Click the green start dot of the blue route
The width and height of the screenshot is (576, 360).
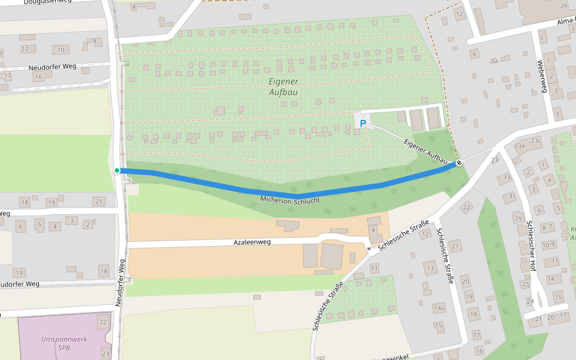coord(117,170)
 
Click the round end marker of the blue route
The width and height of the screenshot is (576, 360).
coord(459,163)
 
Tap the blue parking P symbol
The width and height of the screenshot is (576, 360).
coord(362,124)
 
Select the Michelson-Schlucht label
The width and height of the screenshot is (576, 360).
coord(290,199)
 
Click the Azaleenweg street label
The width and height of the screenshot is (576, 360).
coord(252,242)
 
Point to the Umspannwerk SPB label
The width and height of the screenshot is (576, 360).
coord(64,343)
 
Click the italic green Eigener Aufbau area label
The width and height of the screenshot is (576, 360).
coord(284,87)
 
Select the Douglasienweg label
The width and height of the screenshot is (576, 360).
coord(43,2)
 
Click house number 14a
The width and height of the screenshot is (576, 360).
coord(439,308)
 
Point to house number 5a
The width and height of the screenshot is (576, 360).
coord(494,61)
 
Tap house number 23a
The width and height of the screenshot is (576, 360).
coord(520,145)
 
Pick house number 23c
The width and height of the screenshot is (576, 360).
coord(536,141)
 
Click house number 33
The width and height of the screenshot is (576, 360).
coord(507,176)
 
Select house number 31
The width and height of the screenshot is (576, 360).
coord(512,196)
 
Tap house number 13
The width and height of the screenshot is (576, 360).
coord(430,267)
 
